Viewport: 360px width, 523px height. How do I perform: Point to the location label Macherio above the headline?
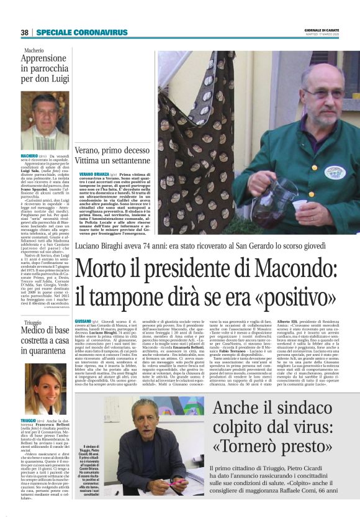pyautogui.click(x=34, y=48)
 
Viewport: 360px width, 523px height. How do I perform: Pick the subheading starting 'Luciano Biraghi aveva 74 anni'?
pyautogui.click(x=180, y=246)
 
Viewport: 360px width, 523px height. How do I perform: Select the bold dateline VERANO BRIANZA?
pyautogui.click(x=94, y=175)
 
